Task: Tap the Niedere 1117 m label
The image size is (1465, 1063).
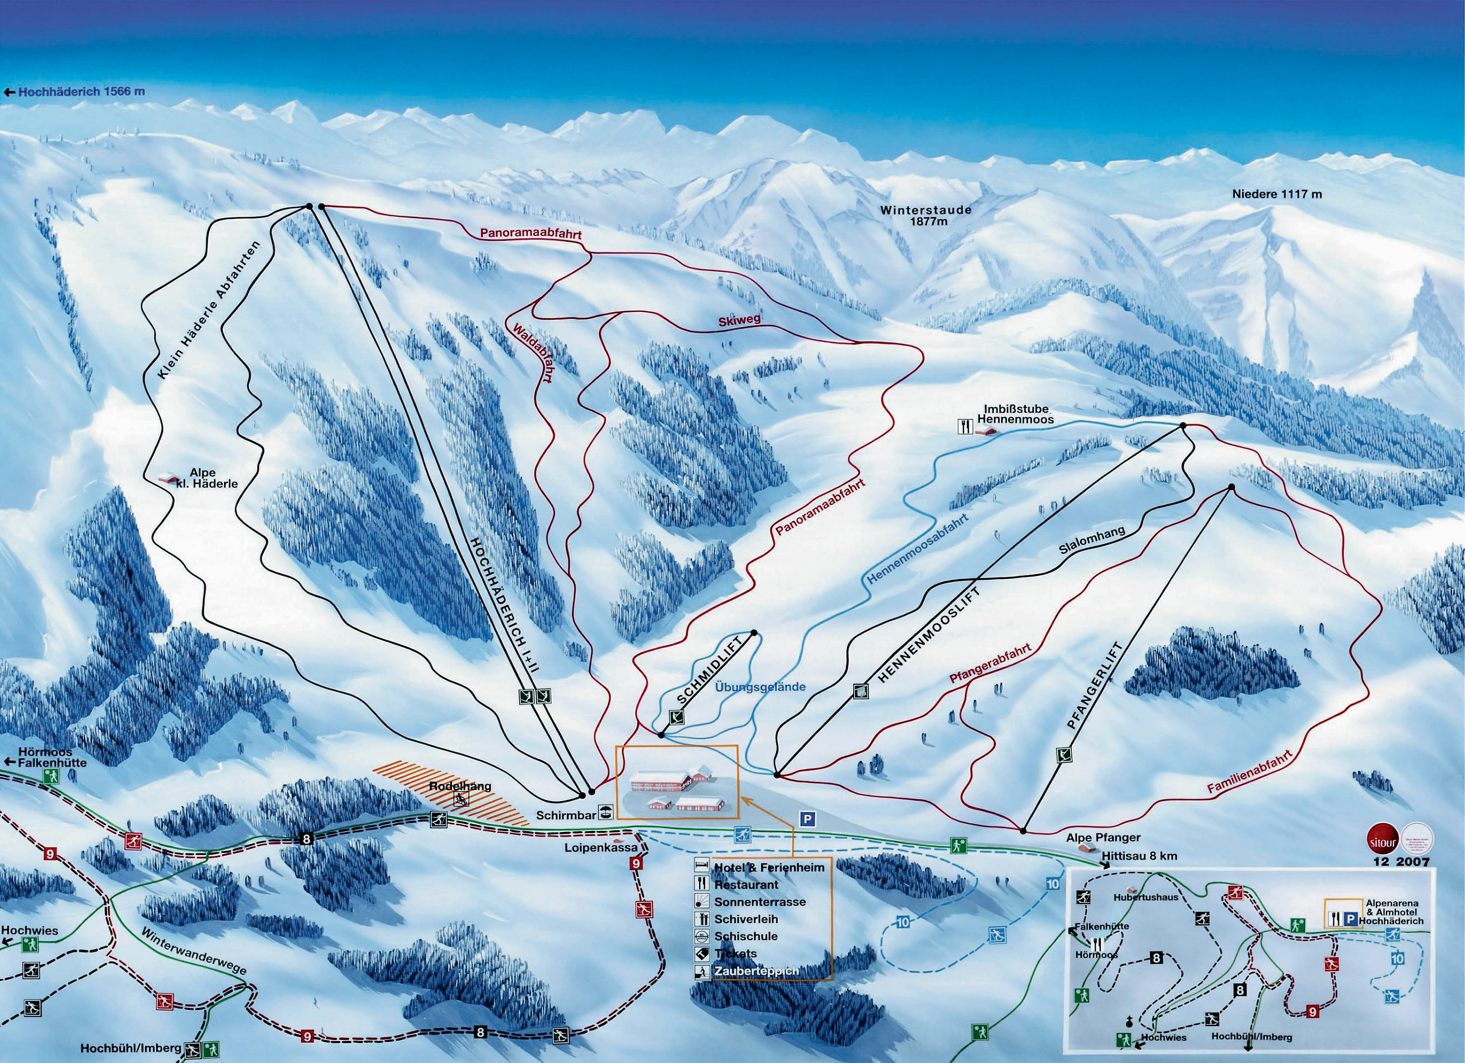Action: click(x=1277, y=194)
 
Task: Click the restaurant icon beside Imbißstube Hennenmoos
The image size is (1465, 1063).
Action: click(x=965, y=426)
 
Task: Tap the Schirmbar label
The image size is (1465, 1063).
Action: click(x=565, y=816)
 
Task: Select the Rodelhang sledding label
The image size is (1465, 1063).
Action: click(x=460, y=787)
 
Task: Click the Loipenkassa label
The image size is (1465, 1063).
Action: click(x=601, y=847)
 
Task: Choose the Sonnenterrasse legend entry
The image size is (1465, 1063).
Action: click(x=759, y=902)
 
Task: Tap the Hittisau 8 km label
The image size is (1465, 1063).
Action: click(x=1139, y=856)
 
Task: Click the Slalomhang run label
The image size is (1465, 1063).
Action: click(x=1091, y=540)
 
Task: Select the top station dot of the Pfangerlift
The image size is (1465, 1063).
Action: click(x=1231, y=487)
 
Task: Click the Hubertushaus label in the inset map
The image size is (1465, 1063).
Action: click(x=1145, y=898)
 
